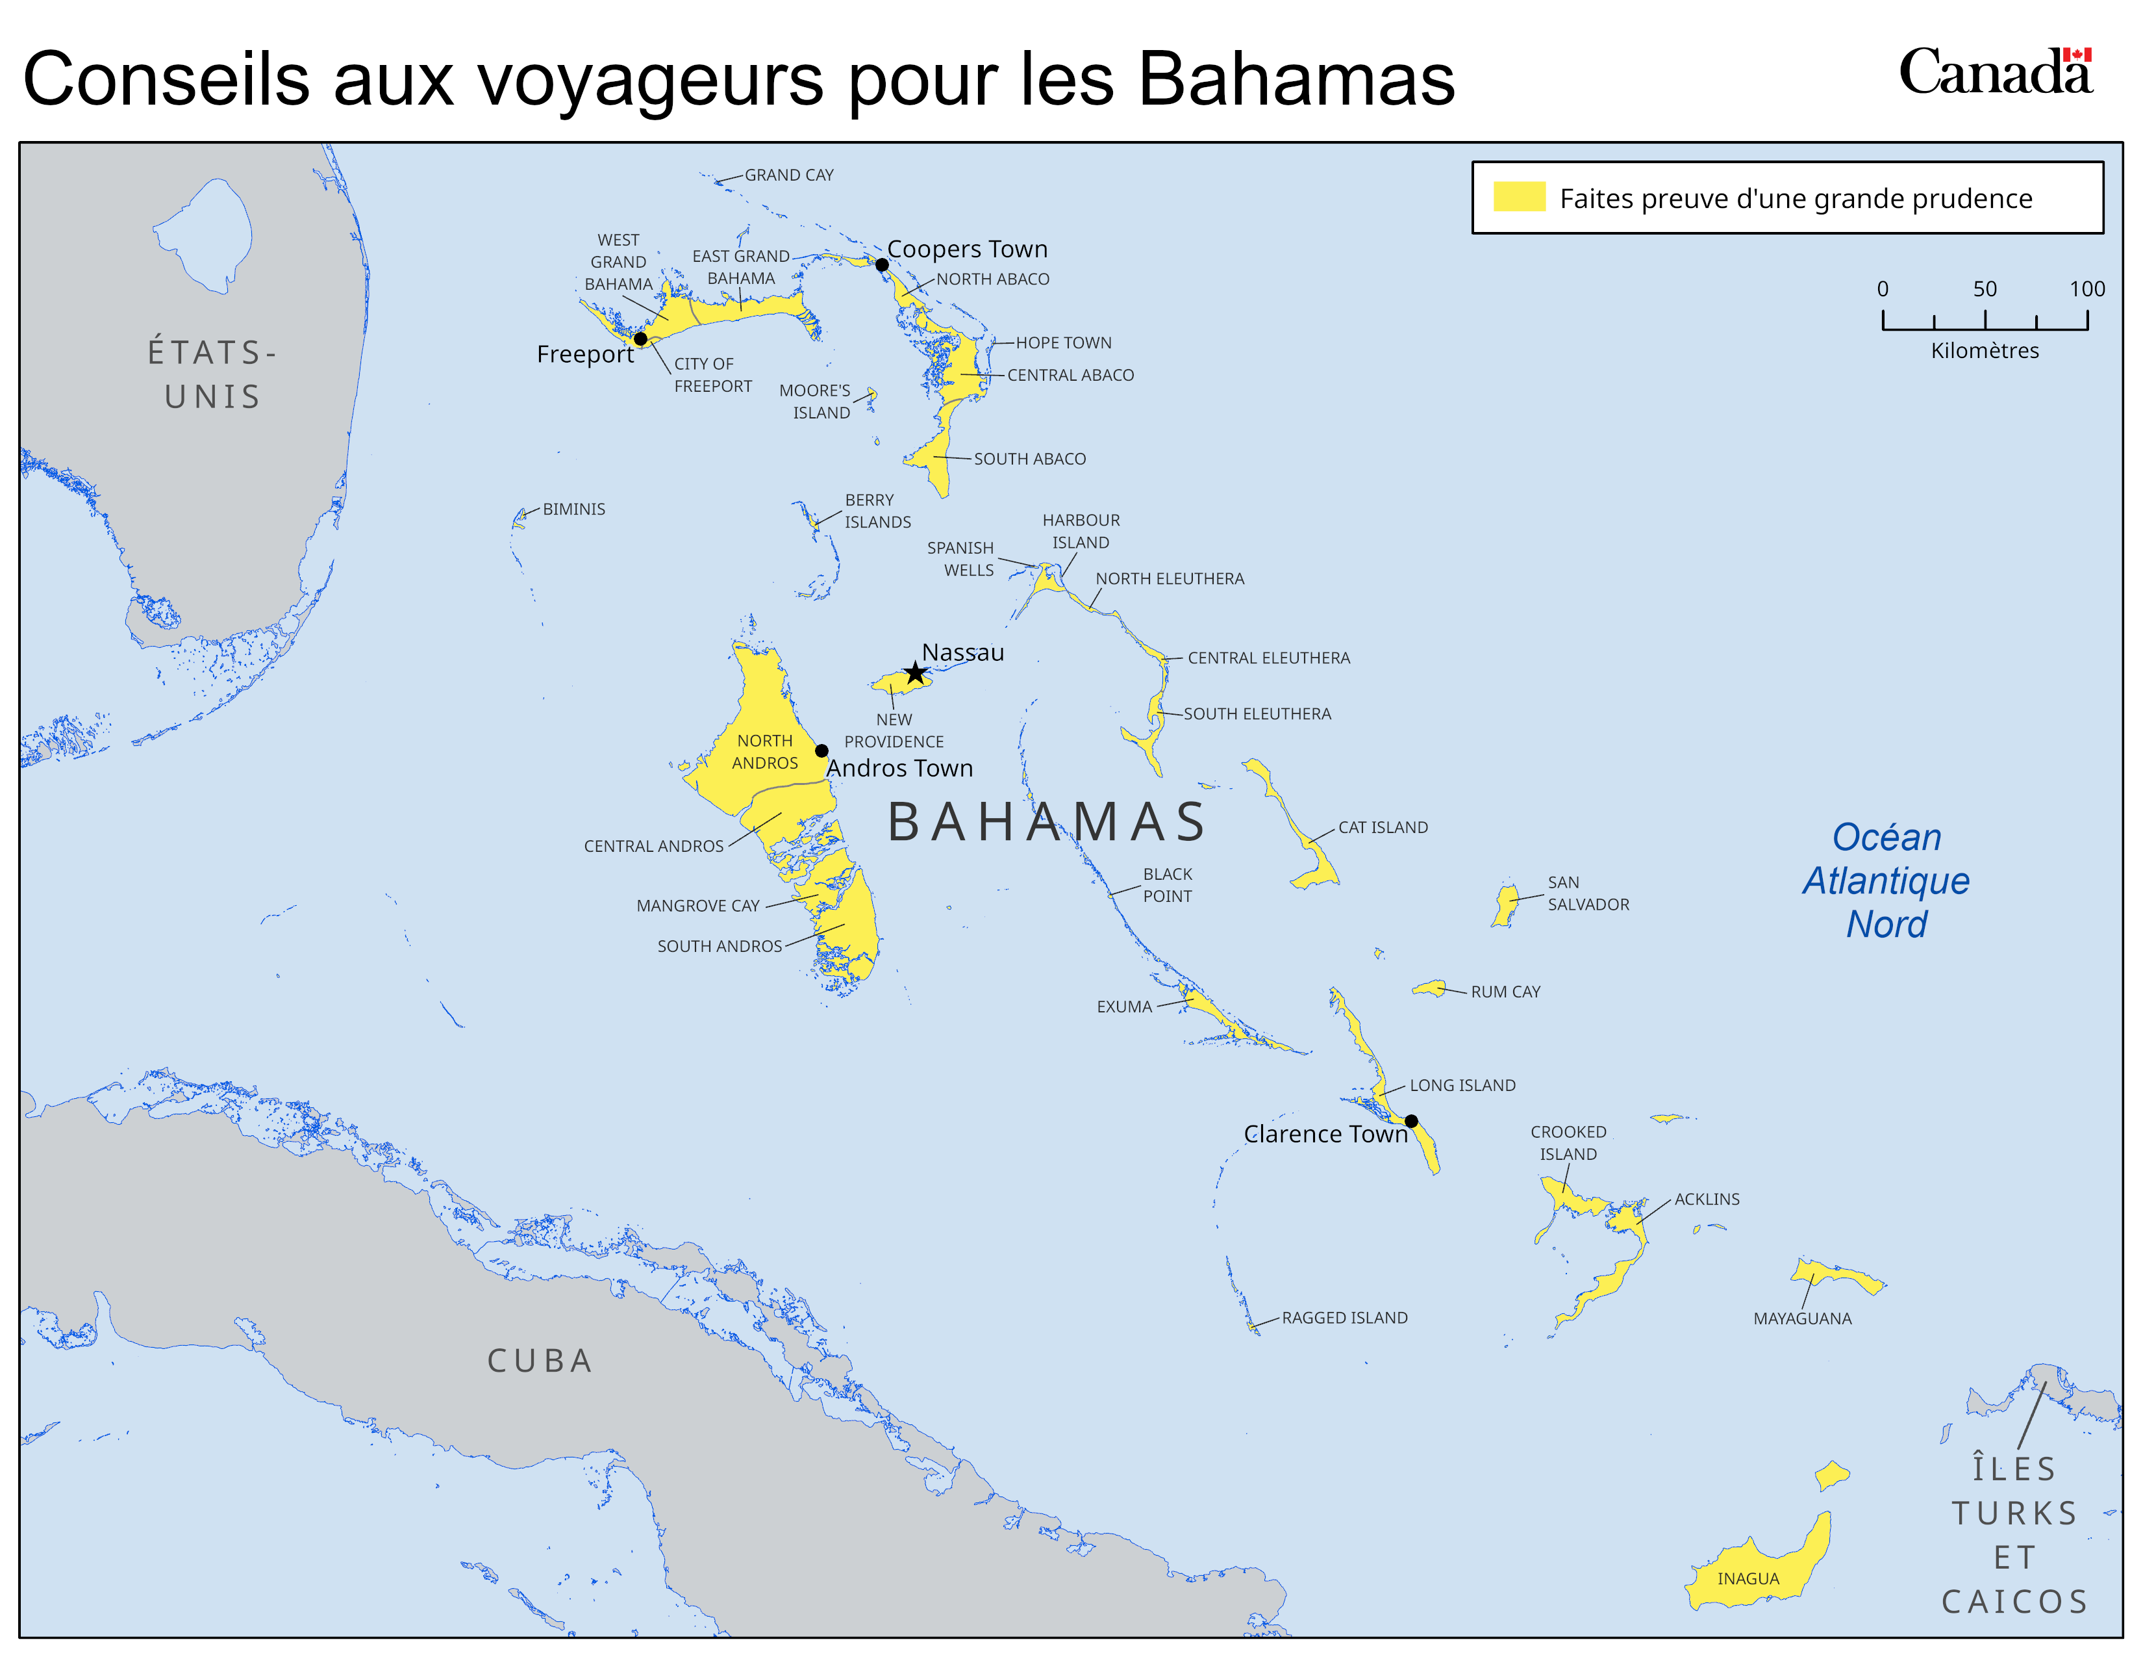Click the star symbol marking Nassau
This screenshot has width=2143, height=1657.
point(916,673)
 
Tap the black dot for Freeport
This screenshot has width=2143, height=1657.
point(641,339)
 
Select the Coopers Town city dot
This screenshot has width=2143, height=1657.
point(882,265)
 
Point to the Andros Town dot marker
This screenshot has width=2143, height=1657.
point(822,751)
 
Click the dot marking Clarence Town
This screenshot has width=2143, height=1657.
point(1411,1121)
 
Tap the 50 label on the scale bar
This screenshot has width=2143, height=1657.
point(1985,289)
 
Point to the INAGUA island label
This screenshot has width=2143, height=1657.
point(1748,1578)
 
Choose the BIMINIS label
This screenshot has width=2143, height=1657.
point(574,509)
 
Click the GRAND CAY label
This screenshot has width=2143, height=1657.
point(789,175)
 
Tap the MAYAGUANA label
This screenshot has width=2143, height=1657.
point(1803,1318)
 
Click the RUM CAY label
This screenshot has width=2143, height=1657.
point(1505,992)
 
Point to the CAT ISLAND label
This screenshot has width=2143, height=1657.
point(1383,827)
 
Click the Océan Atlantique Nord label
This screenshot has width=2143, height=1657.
point(1886,880)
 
